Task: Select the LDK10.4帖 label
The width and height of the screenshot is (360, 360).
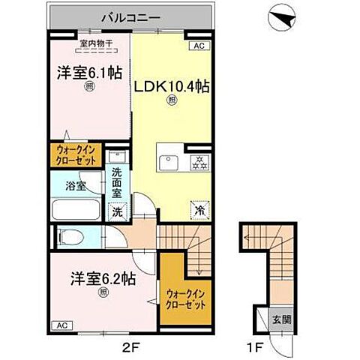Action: [171, 86]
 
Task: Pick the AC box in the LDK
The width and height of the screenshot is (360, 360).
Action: [199, 46]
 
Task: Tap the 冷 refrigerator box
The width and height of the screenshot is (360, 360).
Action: [200, 211]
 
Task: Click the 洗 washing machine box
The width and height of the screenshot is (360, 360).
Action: [117, 212]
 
